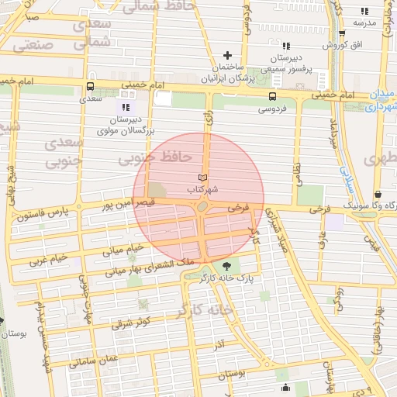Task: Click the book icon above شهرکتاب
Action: pyautogui.click(x=203, y=178)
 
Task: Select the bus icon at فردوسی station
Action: pyautogui.click(x=271, y=97)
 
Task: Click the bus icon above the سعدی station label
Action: pyautogui.click(x=91, y=87)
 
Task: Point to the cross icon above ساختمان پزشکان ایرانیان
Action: pyautogui.click(x=227, y=55)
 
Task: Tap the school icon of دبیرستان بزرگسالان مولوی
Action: pyautogui.click(x=126, y=106)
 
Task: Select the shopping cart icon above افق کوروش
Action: pyautogui.click(x=341, y=33)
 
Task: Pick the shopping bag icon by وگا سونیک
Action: pyautogui.click(x=377, y=195)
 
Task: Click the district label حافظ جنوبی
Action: pyautogui.click(x=154, y=157)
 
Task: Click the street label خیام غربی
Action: pyautogui.click(x=48, y=257)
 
